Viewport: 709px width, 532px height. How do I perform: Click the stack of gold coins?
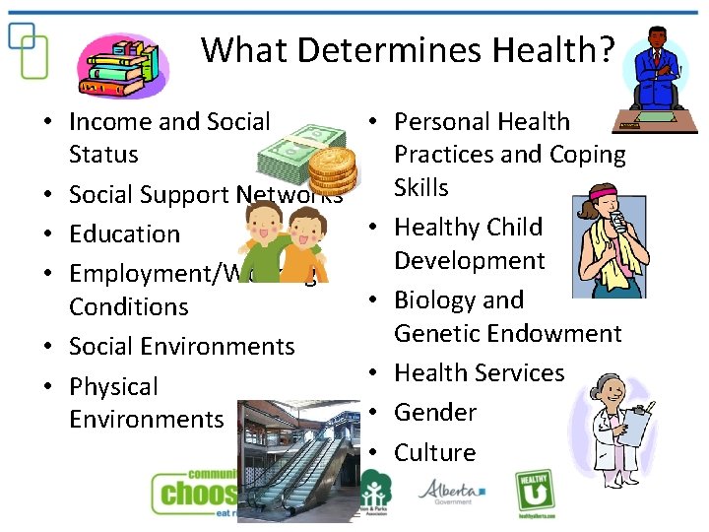pyautogui.click(x=330, y=167)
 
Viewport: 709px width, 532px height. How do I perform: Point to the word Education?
pyautogui.click(x=124, y=234)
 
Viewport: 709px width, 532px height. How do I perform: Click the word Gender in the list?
pyautogui.click(x=435, y=413)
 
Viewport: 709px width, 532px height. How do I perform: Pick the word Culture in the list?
pyautogui.click(x=434, y=453)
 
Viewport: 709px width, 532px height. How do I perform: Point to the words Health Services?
pyautogui.click(x=479, y=373)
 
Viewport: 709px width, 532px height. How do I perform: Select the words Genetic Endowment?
pyautogui.click(x=507, y=334)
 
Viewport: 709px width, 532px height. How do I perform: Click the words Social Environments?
pyautogui.click(x=181, y=347)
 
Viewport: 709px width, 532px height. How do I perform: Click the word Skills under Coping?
pyautogui.click(x=420, y=188)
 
